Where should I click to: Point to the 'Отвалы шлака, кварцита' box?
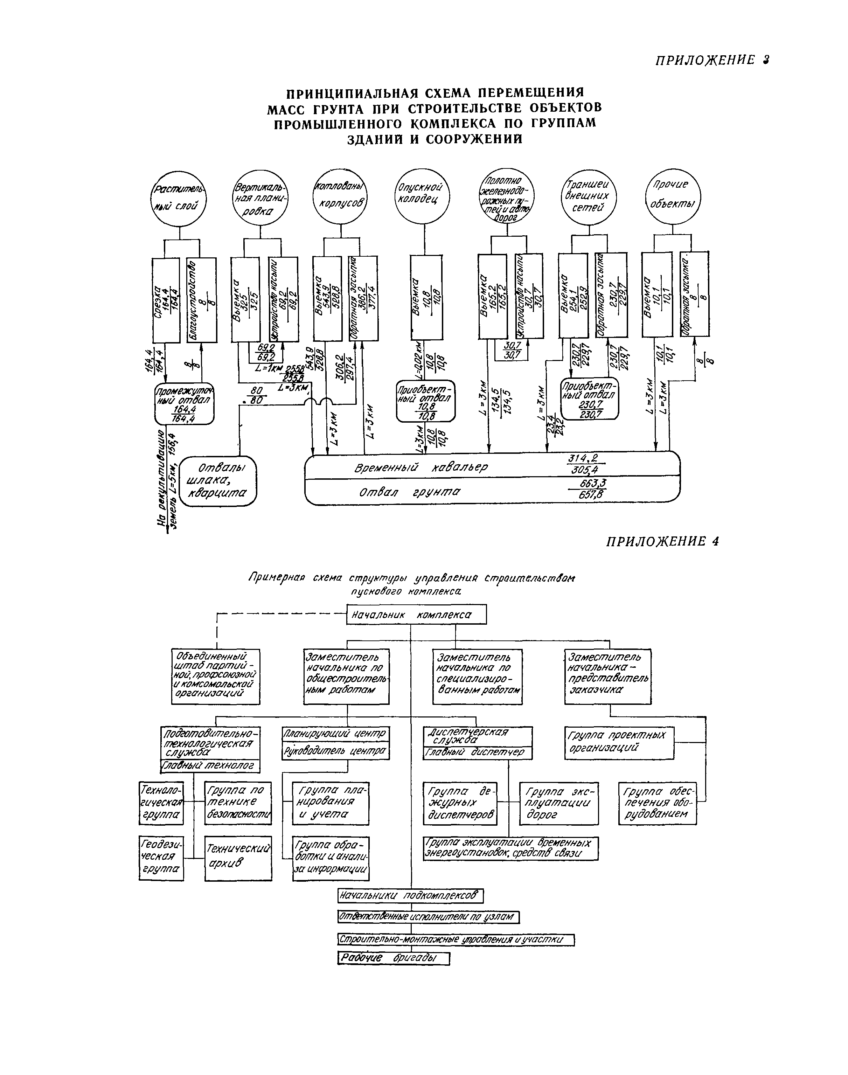218,481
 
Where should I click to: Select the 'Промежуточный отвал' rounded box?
184,404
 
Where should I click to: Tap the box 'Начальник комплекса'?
416,615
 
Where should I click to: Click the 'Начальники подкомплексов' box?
410,895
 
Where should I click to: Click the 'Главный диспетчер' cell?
477,753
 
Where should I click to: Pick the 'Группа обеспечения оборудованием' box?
657,803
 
